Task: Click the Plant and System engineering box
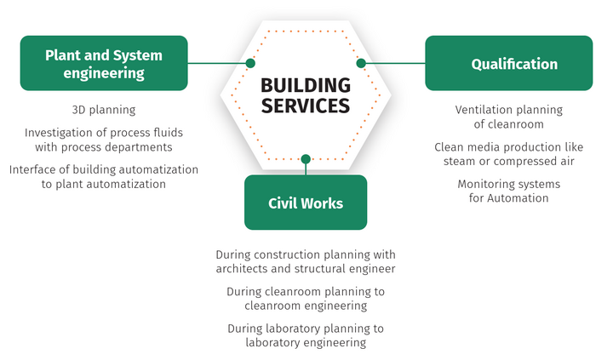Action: pyautogui.click(x=104, y=63)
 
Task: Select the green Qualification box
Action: pyautogui.click(x=508, y=64)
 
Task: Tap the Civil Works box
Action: pyautogui.click(x=306, y=203)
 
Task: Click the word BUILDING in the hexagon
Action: pyautogui.click(x=305, y=85)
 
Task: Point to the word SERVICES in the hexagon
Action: pyautogui.click(x=305, y=106)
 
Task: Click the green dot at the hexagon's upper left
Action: pyautogui.click(x=250, y=63)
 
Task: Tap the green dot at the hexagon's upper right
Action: pyautogui.click(x=360, y=63)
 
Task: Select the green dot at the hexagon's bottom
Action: pyautogui.click(x=306, y=158)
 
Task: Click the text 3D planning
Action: pyautogui.click(x=104, y=111)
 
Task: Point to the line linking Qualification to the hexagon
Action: pyautogui.click(x=393, y=63)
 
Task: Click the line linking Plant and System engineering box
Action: pyautogui.click(x=217, y=63)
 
